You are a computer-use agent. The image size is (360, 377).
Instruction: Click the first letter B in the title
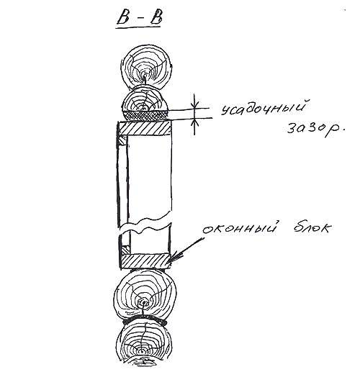123,17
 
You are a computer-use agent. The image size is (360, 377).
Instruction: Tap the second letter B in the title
156,17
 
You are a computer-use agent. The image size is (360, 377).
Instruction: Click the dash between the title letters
140,18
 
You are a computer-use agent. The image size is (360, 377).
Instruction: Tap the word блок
312,227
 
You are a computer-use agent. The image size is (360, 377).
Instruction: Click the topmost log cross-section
146,65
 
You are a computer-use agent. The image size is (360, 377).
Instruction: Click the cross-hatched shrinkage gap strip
145,115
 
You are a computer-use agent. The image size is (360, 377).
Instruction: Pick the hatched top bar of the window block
145,128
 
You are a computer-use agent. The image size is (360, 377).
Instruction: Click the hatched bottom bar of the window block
145,261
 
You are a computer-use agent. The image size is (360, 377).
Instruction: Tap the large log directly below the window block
145,295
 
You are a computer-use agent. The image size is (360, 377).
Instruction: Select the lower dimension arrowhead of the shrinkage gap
195,121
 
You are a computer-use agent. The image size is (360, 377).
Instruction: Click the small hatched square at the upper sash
122,140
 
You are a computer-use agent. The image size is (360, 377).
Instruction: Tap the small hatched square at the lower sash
125,250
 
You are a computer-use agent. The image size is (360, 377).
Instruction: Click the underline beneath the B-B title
138,27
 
